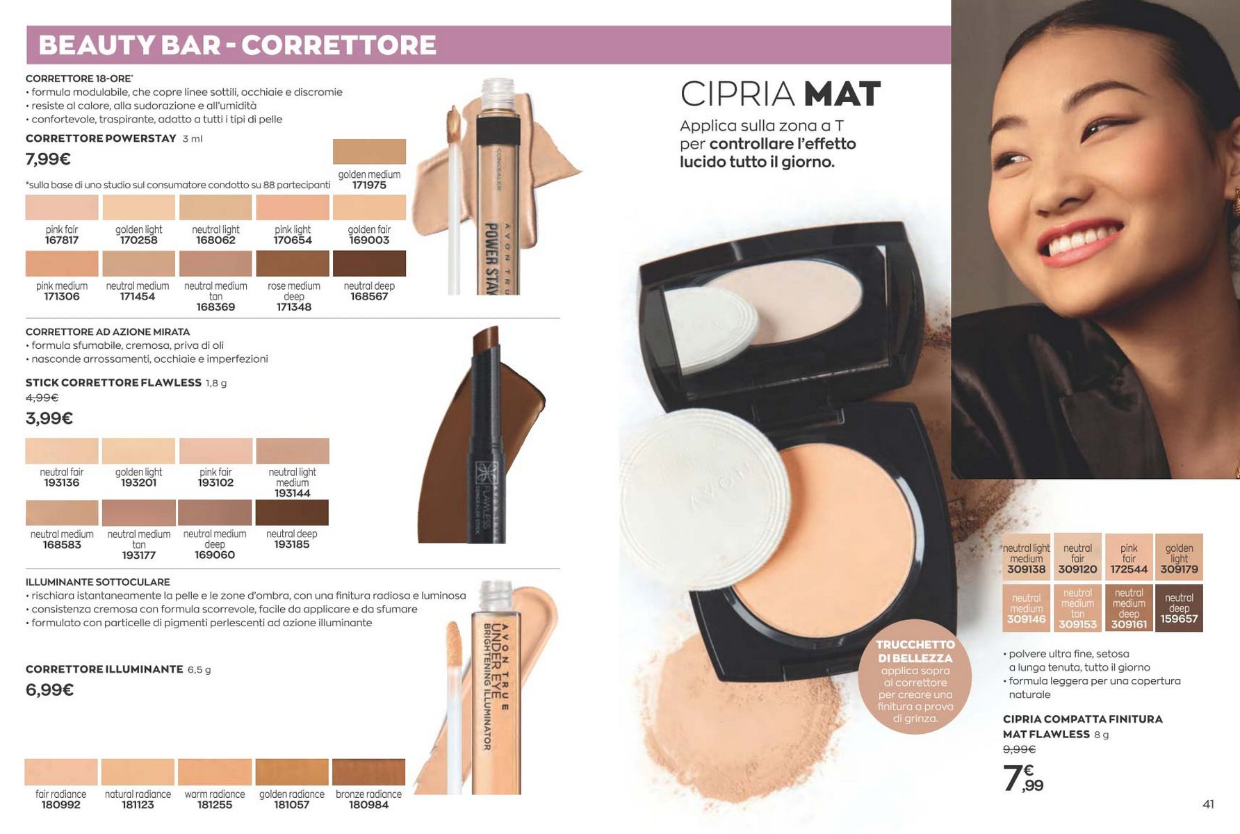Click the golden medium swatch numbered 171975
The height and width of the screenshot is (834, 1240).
coord(369,152)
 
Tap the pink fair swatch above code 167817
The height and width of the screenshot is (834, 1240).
coord(62,207)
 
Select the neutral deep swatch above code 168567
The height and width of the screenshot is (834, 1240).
coord(369,263)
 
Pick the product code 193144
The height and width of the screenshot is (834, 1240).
coord(292,493)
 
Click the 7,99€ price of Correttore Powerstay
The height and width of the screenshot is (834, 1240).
coord(48,159)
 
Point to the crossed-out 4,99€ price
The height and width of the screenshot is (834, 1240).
coord(42,398)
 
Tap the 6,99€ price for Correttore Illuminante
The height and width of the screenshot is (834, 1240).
coord(49,690)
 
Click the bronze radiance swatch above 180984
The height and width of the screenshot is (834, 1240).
coord(368,772)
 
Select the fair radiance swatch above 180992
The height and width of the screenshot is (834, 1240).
coord(61,772)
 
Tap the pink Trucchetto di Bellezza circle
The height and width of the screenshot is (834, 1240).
coord(915,677)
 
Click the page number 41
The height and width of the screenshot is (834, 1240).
coord(1208,804)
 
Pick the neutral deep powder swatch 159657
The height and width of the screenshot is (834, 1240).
coord(1179,608)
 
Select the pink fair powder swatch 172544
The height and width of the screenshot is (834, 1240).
coord(1129,557)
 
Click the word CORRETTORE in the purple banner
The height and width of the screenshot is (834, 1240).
coord(338,45)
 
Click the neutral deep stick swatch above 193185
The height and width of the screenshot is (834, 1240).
coord(292,512)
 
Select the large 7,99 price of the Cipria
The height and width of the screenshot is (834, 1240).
coord(1023,778)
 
